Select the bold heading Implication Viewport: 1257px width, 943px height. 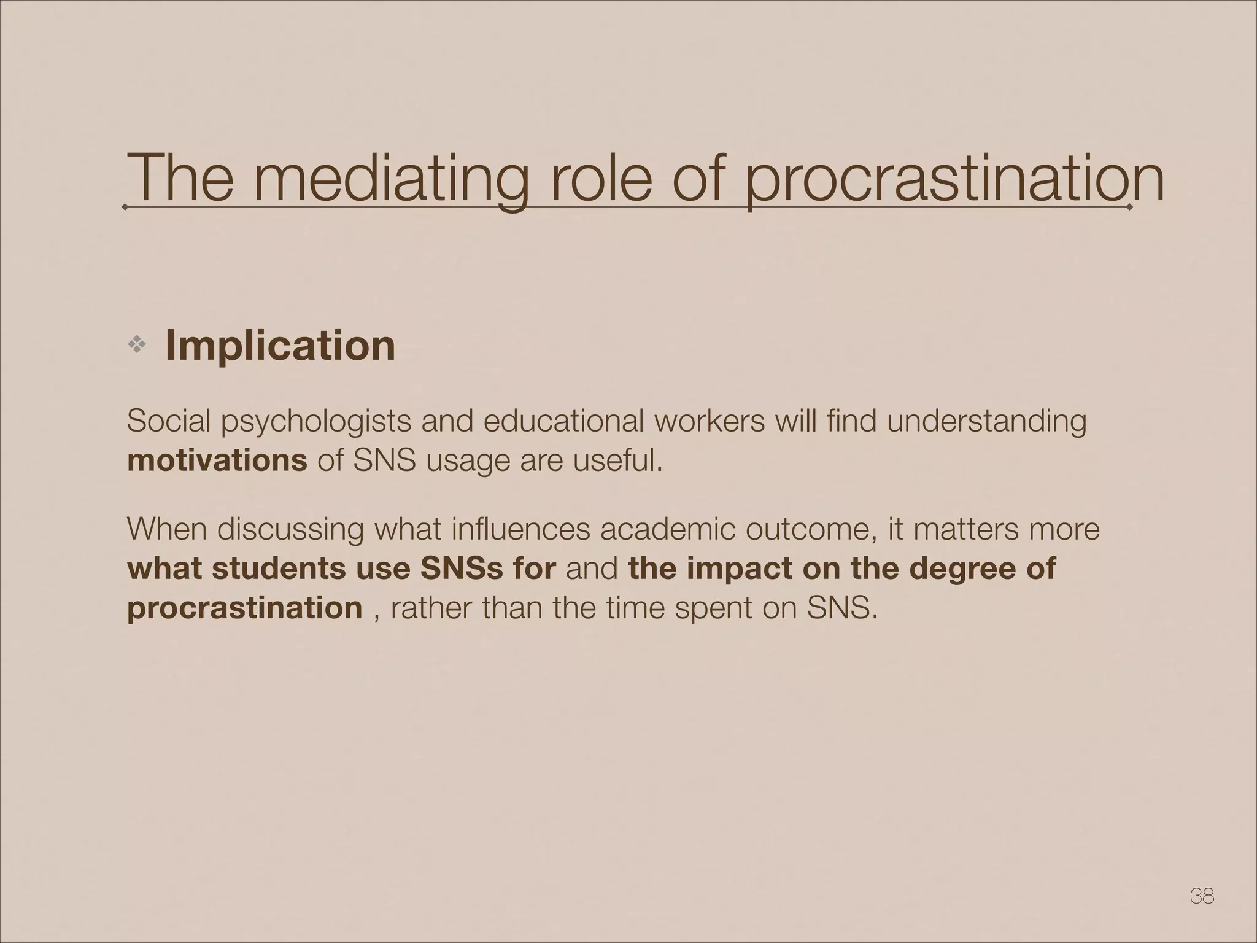[x=280, y=345]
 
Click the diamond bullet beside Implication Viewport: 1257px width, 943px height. [x=136, y=346]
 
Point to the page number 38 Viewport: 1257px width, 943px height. [x=1202, y=896]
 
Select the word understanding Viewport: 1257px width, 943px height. [x=986, y=422]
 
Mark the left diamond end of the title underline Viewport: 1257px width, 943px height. [x=125, y=208]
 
